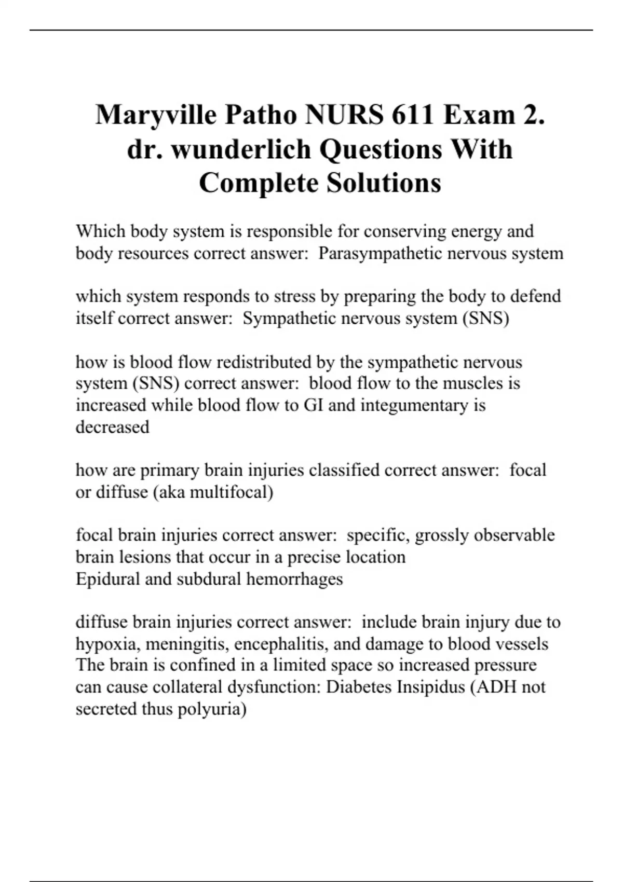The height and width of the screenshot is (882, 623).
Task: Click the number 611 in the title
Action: click(x=412, y=115)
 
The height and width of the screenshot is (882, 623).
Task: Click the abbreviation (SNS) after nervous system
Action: click(x=485, y=318)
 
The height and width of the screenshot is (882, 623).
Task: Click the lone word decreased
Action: click(x=112, y=427)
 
